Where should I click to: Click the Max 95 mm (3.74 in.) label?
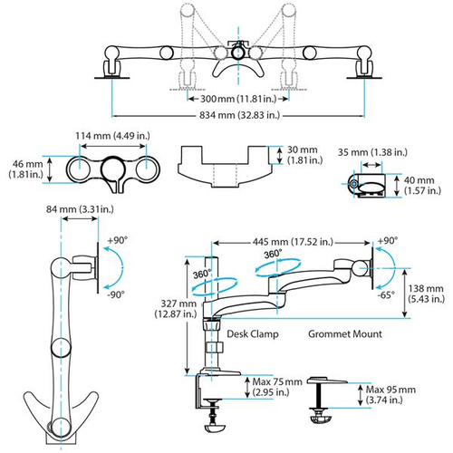(391, 396)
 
